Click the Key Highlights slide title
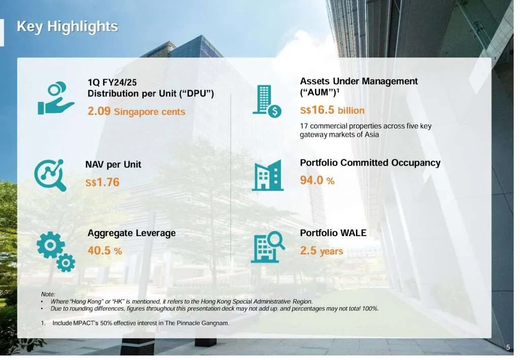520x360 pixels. pos(68,26)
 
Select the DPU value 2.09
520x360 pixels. pos(100,111)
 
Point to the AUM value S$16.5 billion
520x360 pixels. pos(332,110)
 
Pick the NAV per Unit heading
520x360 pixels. pos(113,165)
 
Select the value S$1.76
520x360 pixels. pos(103,182)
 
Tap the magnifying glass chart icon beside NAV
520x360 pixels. pos(50,175)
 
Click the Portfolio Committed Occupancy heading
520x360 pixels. pos(370,163)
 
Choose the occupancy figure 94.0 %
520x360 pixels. pos(317,180)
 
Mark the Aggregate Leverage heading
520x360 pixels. pos(132,233)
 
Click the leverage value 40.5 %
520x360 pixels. pos(105,250)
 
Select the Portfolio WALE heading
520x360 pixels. pos(333,233)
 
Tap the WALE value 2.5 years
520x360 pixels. pos(321,250)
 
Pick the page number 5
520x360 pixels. pos(508,347)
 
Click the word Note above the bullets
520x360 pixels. pos(48,294)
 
